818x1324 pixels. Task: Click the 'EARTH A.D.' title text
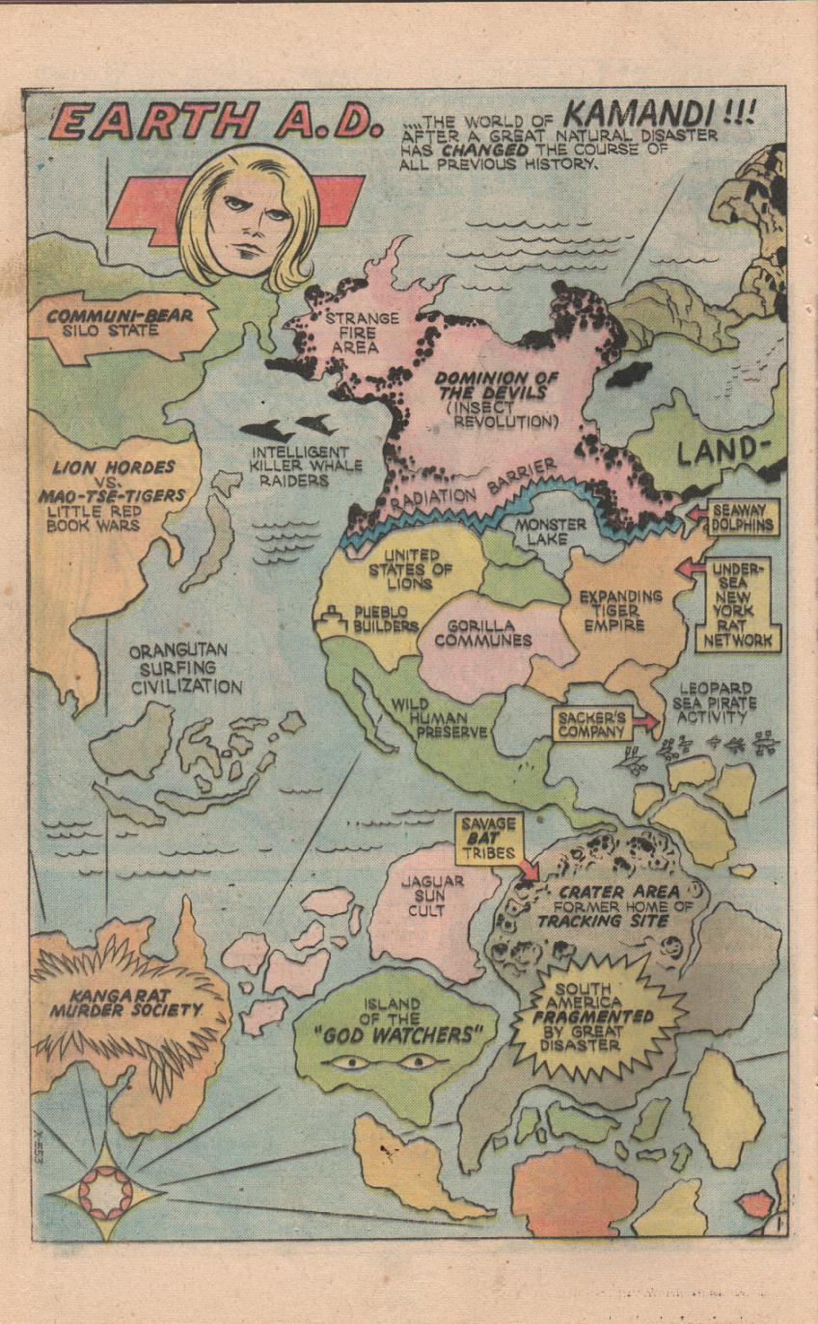click(210, 123)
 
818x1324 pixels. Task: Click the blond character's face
click(247, 218)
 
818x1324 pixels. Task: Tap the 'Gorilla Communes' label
click(482, 633)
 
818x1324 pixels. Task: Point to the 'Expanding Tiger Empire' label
click(620, 610)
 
